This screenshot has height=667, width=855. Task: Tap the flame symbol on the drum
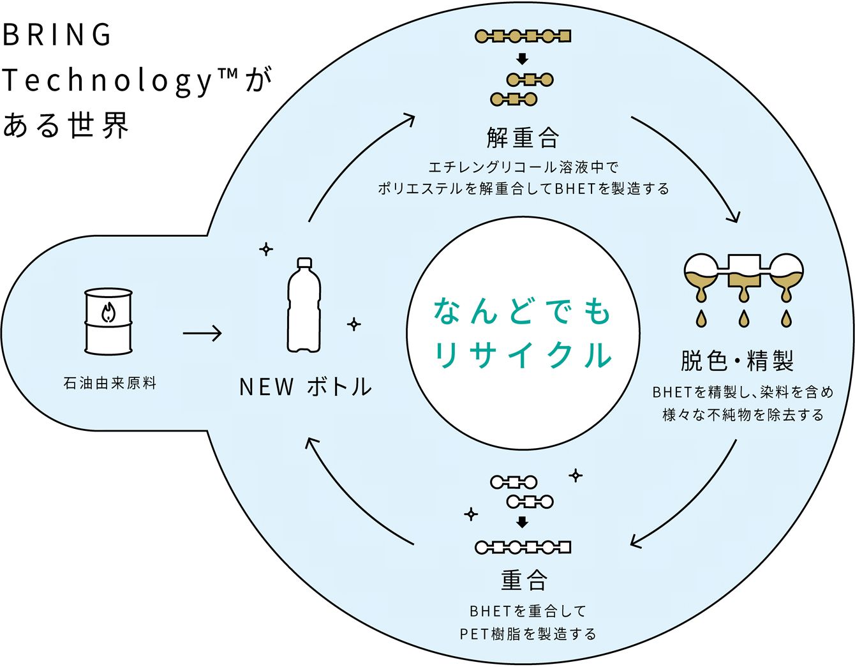click(x=108, y=313)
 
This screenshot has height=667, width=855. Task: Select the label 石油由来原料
click(x=110, y=384)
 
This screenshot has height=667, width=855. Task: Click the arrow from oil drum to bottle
click(x=202, y=333)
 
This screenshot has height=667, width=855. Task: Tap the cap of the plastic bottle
click(x=304, y=262)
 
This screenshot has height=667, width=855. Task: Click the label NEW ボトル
click(x=305, y=387)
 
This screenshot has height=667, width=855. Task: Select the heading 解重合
click(x=523, y=137)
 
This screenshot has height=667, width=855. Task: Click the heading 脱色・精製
click(x=737, y=361)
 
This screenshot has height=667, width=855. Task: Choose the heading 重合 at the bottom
click(x=524, y=580)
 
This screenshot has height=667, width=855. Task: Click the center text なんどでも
click(x=523, y=311)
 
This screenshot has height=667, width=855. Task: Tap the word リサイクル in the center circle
click(x=523, y=355)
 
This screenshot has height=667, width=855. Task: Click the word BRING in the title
click(x=57, y=35)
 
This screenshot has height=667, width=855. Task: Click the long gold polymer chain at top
click(x=523, y=36)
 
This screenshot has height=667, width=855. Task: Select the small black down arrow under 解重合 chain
click(x=523, y=59)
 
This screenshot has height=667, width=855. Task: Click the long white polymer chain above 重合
click(x=523, y=547)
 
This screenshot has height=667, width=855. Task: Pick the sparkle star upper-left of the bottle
click(x=266, y=249)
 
